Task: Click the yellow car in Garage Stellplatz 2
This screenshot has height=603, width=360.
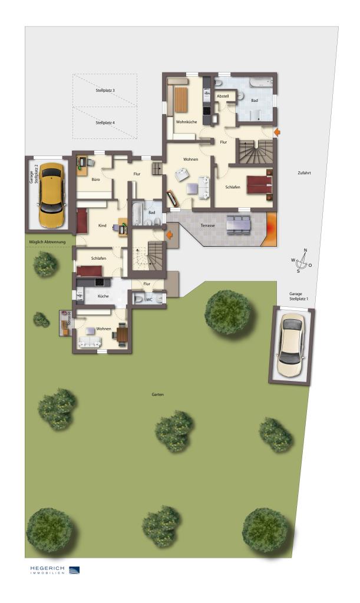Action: pyautogui.click(x=51, y=195)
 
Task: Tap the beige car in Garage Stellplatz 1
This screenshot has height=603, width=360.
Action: pyautogui.click(x=291, y=346)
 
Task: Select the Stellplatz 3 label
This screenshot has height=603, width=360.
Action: pyautogui.click(x=105, y=91)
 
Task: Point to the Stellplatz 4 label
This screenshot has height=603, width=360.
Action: pyautogui.click(x=105, y=123)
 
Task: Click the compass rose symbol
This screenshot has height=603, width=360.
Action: pyautogui.click(x=302, y=261)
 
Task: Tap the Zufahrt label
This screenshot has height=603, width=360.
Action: pyautogui.click(x=304, y=173)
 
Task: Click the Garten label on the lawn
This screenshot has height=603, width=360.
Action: pyautogui.click(x=157, y=395)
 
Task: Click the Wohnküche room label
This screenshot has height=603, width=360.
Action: pyautogui.click(x=186, y=121)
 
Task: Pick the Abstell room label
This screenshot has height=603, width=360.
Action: pyautogui.click(x=223, y=95)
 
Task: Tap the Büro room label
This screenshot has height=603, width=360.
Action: pyautogui.click(x=95, y=178)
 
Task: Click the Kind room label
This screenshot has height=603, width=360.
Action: pyautogui.click(x=102, y=226)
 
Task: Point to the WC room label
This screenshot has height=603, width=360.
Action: pyautogui.click(x=150, y=299)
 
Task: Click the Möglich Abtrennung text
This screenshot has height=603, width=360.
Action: pyautogui.click(x=48, y=242)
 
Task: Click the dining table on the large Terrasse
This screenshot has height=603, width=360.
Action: pyautogui.click(x=238, y=223)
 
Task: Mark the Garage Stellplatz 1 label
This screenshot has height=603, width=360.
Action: pyautogui.click(x=299, y=296)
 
